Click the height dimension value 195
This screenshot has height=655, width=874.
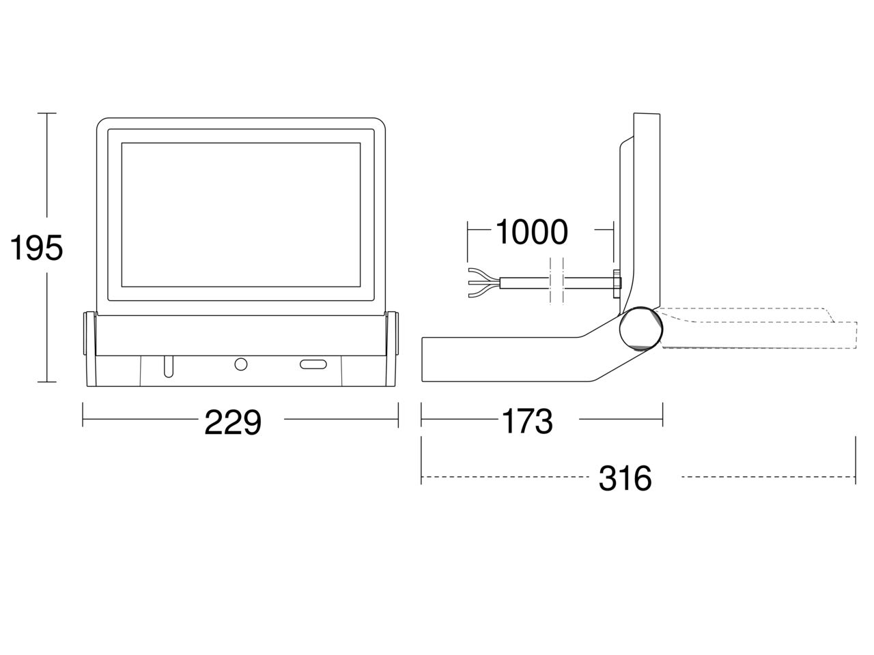(36, 248)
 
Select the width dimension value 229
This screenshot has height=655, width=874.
(233, 422)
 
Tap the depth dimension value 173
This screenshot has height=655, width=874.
(528, 421)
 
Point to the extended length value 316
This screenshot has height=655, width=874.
(625, 478)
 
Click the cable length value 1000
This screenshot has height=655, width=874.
(531, 232)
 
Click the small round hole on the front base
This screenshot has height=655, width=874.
(241, 364)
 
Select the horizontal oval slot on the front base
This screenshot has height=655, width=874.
(313, 364)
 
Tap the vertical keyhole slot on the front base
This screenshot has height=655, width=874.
(169, 366)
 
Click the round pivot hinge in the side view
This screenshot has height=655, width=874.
(641, 328)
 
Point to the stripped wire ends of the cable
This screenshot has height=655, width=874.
(484, 282)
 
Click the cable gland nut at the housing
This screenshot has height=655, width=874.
(617, 282)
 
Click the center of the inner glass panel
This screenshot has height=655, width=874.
(241, 215)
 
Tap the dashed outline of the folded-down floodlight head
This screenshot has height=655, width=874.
(759, 328)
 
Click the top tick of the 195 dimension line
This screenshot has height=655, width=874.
(47, 113)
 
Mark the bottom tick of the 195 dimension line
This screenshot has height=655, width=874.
(47, 382)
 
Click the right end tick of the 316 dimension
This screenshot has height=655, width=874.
(856, 460)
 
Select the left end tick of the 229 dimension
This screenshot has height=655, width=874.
(83, 415)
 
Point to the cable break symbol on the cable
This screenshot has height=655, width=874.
(556, 281)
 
